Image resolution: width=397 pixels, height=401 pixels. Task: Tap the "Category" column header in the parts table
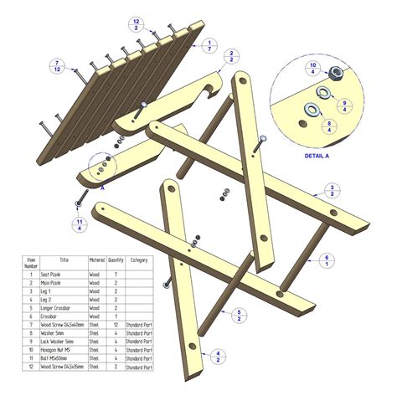point(139,260)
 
